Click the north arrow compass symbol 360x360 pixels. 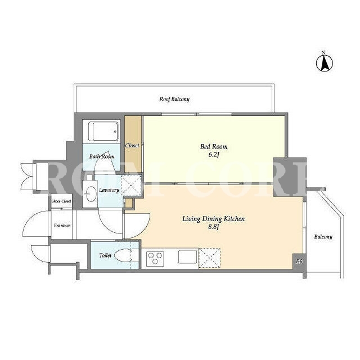click(x=325, y=62)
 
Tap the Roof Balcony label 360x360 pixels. click(x=174, y=99)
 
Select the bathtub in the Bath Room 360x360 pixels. click(x=105, y=132)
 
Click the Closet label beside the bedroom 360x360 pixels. click(x=132, y=146)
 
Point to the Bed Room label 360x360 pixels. click(x=214, y=146)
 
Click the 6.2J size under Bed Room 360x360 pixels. click(x=214, y=155)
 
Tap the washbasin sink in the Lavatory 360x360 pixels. click(x=90, y=193)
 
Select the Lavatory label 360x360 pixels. click(x=109, y=190)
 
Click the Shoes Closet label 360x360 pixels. click(x=61, y=201)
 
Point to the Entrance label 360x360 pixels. click(x=62, y=226)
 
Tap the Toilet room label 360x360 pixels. click(x=105, y=255)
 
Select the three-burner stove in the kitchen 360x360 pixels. click(x=155, y=259)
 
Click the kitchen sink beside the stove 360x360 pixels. click(x=187, y=257)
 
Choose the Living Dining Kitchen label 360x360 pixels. click(x=214, y=219)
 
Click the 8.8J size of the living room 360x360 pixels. click(x=214, y=227)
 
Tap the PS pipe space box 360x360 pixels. click(x=299, y=261)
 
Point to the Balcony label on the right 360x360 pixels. click(x=323, y=237)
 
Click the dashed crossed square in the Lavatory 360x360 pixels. click(x=131, y=185)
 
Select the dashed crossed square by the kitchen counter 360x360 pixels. click(x=209, y=258)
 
